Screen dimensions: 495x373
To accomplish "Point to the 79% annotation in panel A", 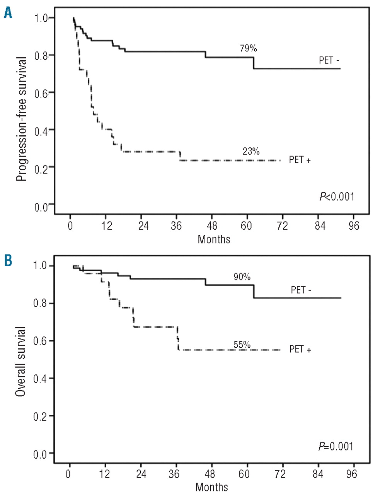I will [248, 48].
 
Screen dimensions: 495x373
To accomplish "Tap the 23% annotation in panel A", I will [251, 151].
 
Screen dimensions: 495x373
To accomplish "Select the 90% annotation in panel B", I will [242, 277].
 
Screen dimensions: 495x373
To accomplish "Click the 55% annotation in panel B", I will [242, 345].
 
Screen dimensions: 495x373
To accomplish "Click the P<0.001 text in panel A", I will [337, 197].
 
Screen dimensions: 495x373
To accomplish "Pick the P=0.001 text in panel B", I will [336, 446].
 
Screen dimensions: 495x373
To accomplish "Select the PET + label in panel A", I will [300, 159].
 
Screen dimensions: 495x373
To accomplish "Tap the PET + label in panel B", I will [300, 349].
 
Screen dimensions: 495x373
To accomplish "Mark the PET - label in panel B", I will [301, 290].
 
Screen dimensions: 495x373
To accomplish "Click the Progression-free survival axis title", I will [22, 119].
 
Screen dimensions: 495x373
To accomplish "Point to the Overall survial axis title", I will [21, 361].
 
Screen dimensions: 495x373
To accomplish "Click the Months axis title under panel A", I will [214, 239].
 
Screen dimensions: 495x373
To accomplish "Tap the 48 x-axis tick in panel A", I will [212, 225].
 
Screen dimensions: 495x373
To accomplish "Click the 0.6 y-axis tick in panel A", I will [41, 93].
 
